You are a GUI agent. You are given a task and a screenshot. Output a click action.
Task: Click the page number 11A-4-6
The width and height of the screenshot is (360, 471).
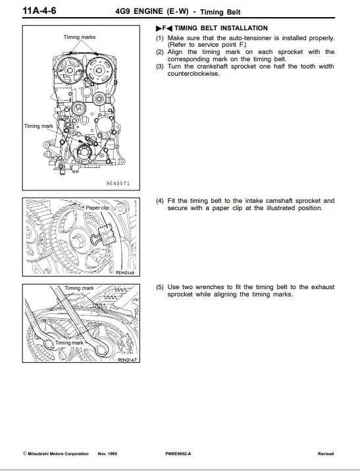coord(39,11)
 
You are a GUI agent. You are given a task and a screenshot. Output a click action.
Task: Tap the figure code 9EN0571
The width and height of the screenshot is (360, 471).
coord(118,183)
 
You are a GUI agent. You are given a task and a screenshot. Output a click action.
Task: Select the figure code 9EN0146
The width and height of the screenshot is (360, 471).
coord(125,273)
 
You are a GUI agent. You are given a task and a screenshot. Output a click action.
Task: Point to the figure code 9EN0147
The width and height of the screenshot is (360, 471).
coord(126,359)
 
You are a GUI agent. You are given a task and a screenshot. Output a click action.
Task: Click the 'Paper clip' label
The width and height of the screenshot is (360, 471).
coord(97,208)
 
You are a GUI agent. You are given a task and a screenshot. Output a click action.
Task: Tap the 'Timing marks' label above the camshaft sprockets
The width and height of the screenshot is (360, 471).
coord(80,38)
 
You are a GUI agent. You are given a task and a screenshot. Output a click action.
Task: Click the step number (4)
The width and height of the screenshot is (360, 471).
coord(160,201)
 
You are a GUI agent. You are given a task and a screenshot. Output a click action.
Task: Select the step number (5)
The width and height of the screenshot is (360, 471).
coord(160,287)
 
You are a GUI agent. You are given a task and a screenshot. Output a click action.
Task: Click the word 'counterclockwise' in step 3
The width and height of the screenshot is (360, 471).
coord(193,74)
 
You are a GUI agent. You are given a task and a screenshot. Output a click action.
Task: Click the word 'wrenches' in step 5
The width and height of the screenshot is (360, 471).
coord(210,287)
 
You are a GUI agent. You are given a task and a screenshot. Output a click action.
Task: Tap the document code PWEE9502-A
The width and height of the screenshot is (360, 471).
coord(178,454)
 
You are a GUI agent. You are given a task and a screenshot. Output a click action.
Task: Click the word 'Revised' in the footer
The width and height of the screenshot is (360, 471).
coord(326,454)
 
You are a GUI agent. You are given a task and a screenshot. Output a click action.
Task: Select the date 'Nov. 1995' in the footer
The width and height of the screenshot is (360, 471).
coord(107,454)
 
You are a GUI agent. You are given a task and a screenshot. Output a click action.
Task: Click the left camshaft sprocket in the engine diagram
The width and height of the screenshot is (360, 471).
coord(70,70)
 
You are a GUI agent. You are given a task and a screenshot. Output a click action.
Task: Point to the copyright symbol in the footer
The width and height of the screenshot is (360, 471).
coord(24,454)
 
